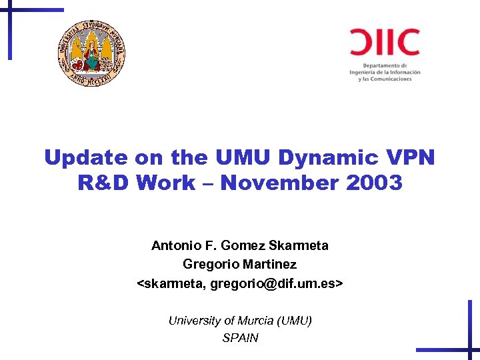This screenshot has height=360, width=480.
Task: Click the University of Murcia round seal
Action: point(91,53)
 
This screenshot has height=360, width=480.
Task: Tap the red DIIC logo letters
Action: point(385,42)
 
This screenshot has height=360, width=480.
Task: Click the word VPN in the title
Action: point(410,157)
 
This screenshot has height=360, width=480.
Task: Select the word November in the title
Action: point(282,183)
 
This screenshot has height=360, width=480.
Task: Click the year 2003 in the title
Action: point(375,183)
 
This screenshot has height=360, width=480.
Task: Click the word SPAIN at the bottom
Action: point(240,338)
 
